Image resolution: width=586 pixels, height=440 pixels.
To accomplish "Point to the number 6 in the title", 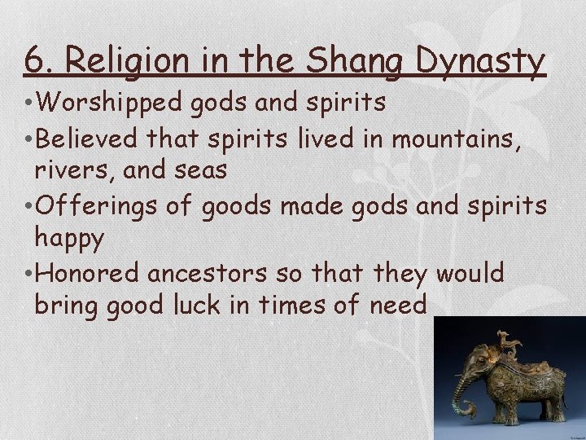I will (33, 60).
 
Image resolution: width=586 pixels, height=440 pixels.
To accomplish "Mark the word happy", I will (69, 240).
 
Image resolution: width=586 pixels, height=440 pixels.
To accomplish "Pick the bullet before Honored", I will (28, 274).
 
